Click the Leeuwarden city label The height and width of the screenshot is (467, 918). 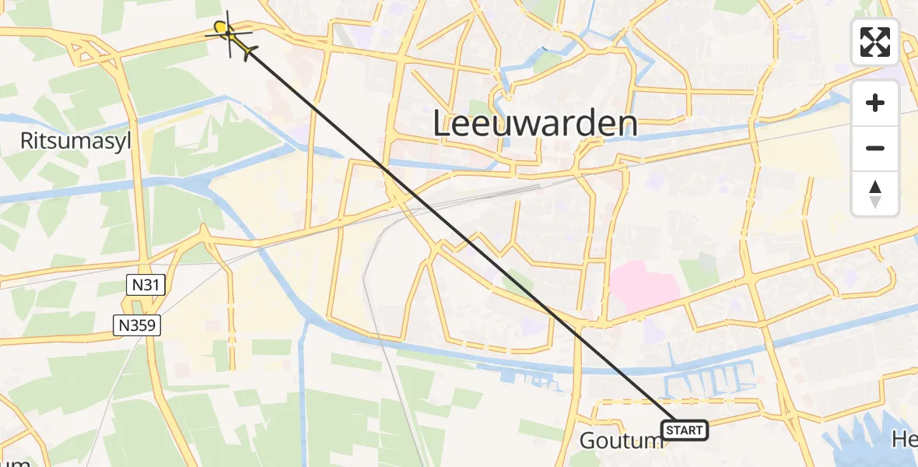(534, 124)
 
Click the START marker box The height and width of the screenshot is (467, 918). (685, 430)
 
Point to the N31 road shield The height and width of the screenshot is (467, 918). (145, 285)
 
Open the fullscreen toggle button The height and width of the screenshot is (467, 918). (875, 42)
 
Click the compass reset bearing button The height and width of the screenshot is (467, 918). (875, 194)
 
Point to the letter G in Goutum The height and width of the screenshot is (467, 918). (588, 441)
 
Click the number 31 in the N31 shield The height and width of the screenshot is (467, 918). (151, 285)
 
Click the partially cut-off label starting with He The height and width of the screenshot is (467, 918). (906, 441)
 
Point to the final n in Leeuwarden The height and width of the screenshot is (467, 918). (627, 125)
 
